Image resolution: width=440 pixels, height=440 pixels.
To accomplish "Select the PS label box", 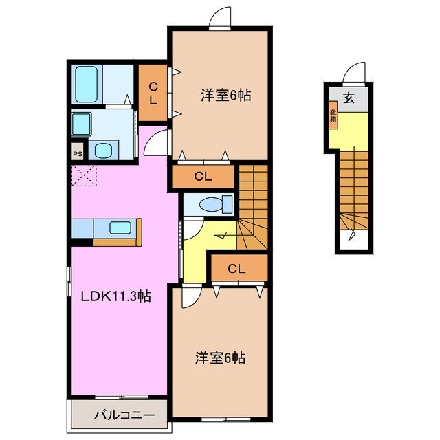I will click(x=77, y=153).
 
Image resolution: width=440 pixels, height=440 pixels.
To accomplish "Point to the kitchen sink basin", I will click(x=121, y=228).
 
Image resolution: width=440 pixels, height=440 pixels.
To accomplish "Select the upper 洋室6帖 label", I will click(x=225, y=96).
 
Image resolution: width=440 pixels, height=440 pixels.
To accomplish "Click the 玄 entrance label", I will click(x=349, y=98).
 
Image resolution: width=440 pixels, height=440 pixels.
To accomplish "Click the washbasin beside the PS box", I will click(x=104, y=151).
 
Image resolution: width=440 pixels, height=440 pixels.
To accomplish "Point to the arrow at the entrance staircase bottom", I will click(x=353, y=237).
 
